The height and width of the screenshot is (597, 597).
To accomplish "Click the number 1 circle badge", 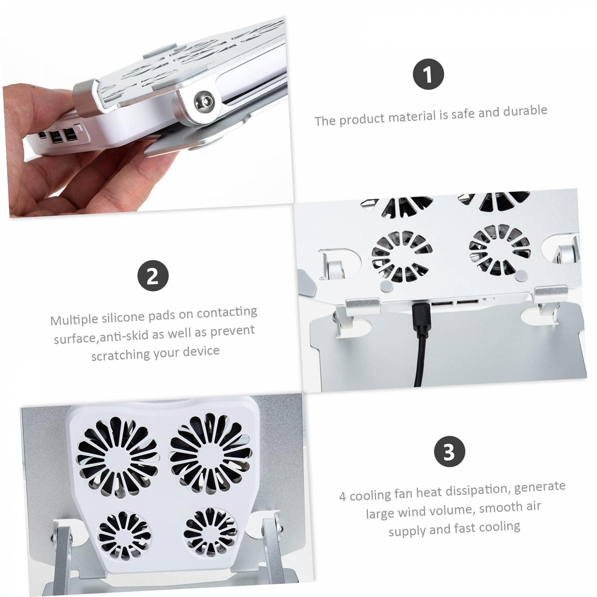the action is (x=428, y=74).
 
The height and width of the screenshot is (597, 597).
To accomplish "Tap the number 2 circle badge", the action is (x=153, y=276).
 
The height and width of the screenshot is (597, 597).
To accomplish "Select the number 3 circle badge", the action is (x=450, y=451).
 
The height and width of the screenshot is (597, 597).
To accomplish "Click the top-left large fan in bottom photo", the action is (x=117, y=457).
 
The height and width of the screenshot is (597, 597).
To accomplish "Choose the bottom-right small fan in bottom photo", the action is (x=210, y=532).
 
